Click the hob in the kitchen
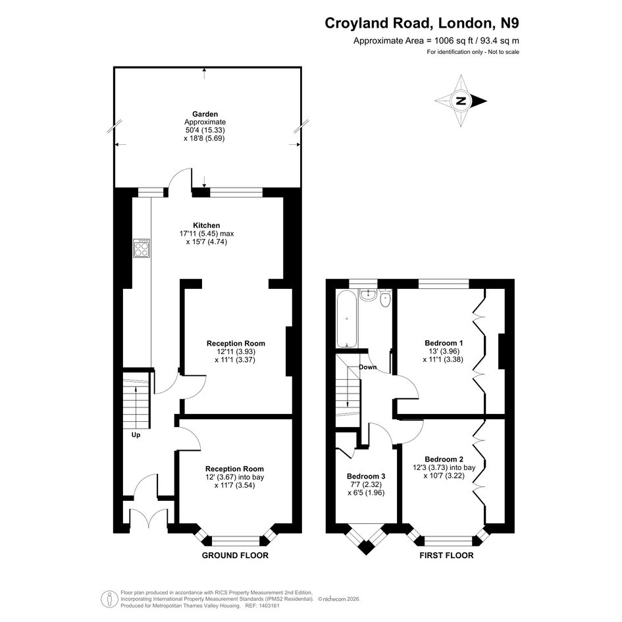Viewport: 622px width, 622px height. pyautogui.click(x=142, y=248)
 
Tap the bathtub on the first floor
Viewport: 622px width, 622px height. pyautogui.click(x=347, y=319)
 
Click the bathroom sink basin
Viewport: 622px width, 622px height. pyautogui.click(x=369, y=294)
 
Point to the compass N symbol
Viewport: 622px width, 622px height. pyautogui.click(x=461, y=101)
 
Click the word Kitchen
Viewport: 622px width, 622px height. pyautogui.click(x=206, y=225)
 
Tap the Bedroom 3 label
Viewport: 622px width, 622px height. pyautogui.click(x=366, y=476)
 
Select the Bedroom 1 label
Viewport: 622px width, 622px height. pyautogui.click(x=444, y=343)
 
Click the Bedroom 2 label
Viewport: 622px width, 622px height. pyautogui.click(x=444, y=459)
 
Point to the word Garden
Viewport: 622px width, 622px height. pyautogui.click(x=205, y=115)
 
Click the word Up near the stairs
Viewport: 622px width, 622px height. pyautogui.click(x=136, y=435)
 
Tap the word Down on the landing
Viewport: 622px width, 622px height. pyautogui.click(x=368, y=367)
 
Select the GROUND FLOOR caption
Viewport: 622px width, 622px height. pyautogui.click(x=235, y=556)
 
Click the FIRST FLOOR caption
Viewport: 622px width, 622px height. pyautogui.click(x=447, y=556)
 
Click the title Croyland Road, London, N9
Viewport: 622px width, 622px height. pyautogui.click(x=422, y=23)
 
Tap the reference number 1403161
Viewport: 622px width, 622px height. pyautogui.click(x=269, y=606)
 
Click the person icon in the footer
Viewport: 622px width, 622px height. pyautogui.click(x=109, y=599)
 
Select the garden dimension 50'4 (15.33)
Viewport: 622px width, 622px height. pyautogui.click(x=205, y=130)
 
